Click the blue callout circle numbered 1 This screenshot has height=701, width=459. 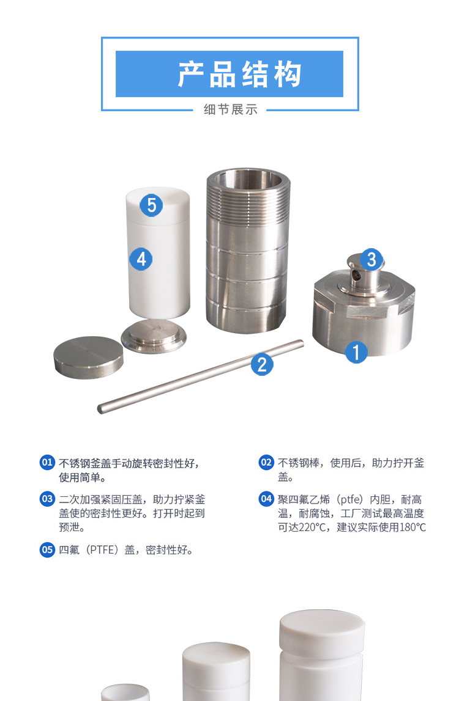(356, 352)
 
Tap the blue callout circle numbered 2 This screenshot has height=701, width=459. (262, 364)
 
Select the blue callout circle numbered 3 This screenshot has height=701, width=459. (371, 259)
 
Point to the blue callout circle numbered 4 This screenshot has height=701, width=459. (141, 259)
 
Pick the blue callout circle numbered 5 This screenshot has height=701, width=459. (151, 205)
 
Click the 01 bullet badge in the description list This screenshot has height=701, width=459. (47, 462)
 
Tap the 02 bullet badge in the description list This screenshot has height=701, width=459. (266, 462)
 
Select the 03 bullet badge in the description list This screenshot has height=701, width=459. (47, 499)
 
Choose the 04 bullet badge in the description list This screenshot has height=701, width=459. (266, 499)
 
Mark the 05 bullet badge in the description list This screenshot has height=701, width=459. (47, 549)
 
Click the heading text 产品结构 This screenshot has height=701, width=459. (239, 74)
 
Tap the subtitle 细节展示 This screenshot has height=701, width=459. (230, 109)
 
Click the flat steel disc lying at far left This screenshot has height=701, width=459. (89, 357)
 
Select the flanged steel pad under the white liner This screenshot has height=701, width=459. (154, 336)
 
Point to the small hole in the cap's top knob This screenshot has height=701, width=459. (356, 276)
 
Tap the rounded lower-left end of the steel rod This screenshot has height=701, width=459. (101, 409)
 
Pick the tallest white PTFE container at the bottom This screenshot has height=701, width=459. (321, 655)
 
